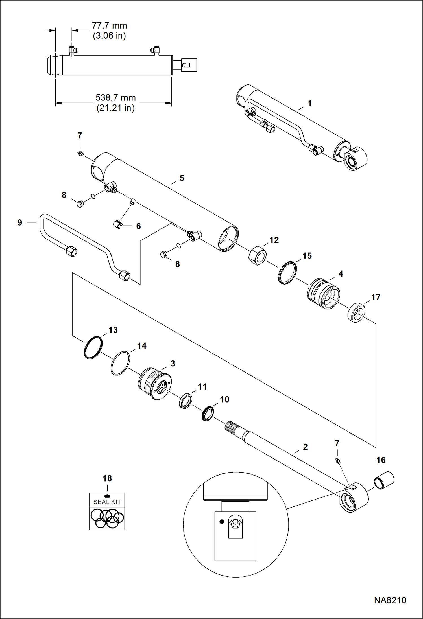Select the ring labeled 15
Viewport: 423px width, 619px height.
click(x=287, y=273)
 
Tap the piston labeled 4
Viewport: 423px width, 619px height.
click(x=323, y=294)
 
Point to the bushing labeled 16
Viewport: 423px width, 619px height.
click(x=384, y=480)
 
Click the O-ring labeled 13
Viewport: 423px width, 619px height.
click(x=93, y=347)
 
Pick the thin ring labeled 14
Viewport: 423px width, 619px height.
click(x=120, y=363)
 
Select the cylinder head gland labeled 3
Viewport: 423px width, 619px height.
click(x=155, y=383)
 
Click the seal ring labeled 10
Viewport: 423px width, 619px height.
click(x=208, y=413)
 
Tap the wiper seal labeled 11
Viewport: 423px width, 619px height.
click(x=186, y=401)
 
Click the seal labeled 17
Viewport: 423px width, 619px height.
click(x=356, y=312)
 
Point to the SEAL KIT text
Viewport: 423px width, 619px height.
click(x=107, y=502)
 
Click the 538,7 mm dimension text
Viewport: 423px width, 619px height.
click(x=115, y=98)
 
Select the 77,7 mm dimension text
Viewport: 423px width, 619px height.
click(x=109, y=26)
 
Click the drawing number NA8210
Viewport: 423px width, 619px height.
click(x=390, y=600)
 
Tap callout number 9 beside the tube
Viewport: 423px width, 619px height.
click(x=19, y=222)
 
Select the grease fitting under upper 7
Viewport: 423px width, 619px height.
click(x=80, y=154)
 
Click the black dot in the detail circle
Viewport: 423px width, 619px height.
click(x=222, y=522)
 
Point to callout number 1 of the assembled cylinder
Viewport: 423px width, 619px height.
click(x=309, y=104)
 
